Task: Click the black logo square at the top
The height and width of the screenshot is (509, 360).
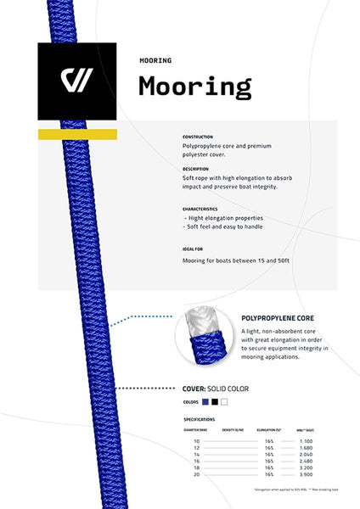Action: tap(77, 80)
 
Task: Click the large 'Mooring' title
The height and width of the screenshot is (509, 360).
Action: tap(194, 87)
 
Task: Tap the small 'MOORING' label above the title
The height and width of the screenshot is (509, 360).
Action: tap(155, 60)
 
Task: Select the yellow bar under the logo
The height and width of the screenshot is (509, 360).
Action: tap(77, 135)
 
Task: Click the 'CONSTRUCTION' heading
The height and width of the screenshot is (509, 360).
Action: tap(198, 137)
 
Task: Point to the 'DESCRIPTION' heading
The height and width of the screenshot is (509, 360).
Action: tap(196, 169)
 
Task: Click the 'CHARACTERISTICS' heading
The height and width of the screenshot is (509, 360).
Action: tap(200, 209)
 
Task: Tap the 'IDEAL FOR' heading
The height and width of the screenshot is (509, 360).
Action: tap(194, 249)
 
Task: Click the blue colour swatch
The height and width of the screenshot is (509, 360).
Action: tap(205, 401)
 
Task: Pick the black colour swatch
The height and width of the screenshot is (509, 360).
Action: tap(215, 401)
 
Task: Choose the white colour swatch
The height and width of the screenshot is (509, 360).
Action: tap(224, 401)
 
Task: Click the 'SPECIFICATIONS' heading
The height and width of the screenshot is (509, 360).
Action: tap(200, 419)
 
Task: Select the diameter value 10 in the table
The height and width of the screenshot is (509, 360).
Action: tap(197, 441)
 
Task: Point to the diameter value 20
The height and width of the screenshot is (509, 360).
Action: tap(197, 475)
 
